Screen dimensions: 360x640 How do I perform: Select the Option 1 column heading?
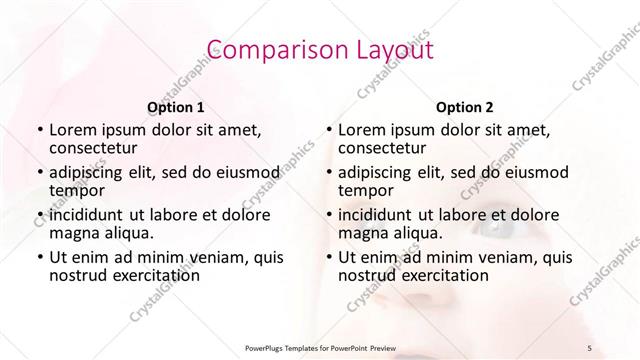click(175, 107)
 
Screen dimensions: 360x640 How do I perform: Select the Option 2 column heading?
click(464, 107)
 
